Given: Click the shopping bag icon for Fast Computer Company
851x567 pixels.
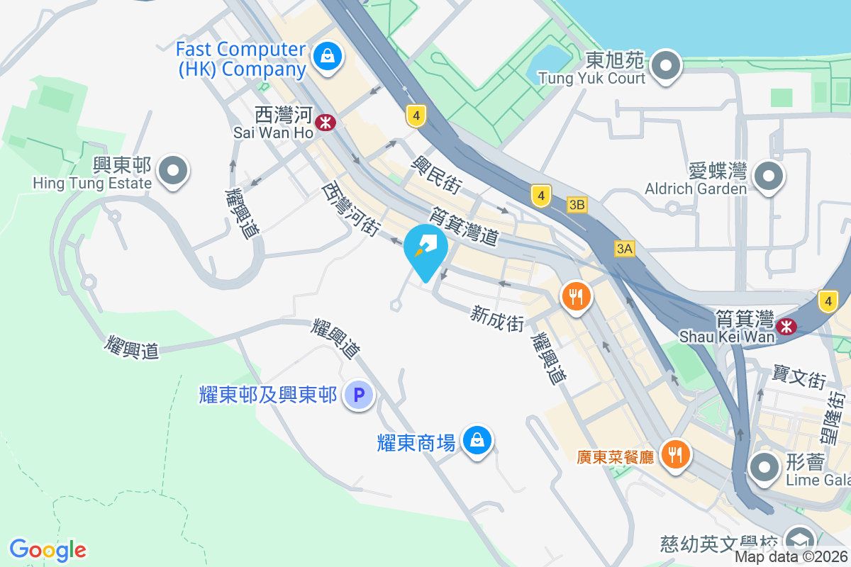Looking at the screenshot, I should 328,54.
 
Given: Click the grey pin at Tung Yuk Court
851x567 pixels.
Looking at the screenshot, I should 666,66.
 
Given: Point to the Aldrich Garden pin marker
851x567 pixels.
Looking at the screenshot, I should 769,176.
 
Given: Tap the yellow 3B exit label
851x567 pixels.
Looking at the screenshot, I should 577,205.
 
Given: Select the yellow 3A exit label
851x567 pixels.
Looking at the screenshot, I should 624,248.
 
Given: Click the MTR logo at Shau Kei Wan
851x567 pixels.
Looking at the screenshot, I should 785,326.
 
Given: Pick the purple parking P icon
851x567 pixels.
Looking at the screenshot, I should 358,395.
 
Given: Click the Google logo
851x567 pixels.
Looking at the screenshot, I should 48,549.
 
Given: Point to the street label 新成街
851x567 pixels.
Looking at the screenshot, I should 497,318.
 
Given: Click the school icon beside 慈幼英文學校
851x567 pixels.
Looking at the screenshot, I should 799,539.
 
